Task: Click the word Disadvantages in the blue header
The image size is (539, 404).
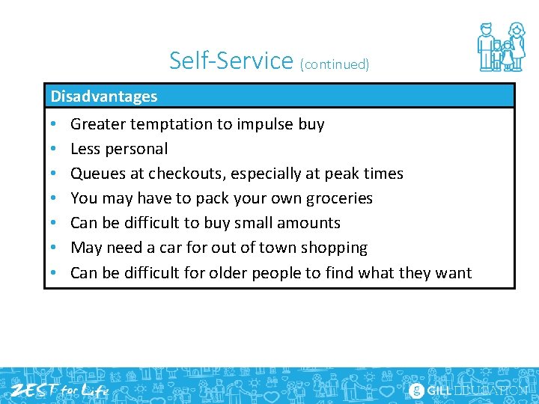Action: (x=104, y=97)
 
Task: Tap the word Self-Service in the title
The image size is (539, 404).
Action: (x=231, y=61)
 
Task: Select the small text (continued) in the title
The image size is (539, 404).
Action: (x=335, y=64)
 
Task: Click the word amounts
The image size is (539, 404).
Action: (x=309, y=223)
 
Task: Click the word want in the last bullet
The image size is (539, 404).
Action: (x=452, y=272)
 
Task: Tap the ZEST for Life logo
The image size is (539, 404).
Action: (x=60, y=390)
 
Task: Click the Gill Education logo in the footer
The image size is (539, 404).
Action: (x=469, y=391)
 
